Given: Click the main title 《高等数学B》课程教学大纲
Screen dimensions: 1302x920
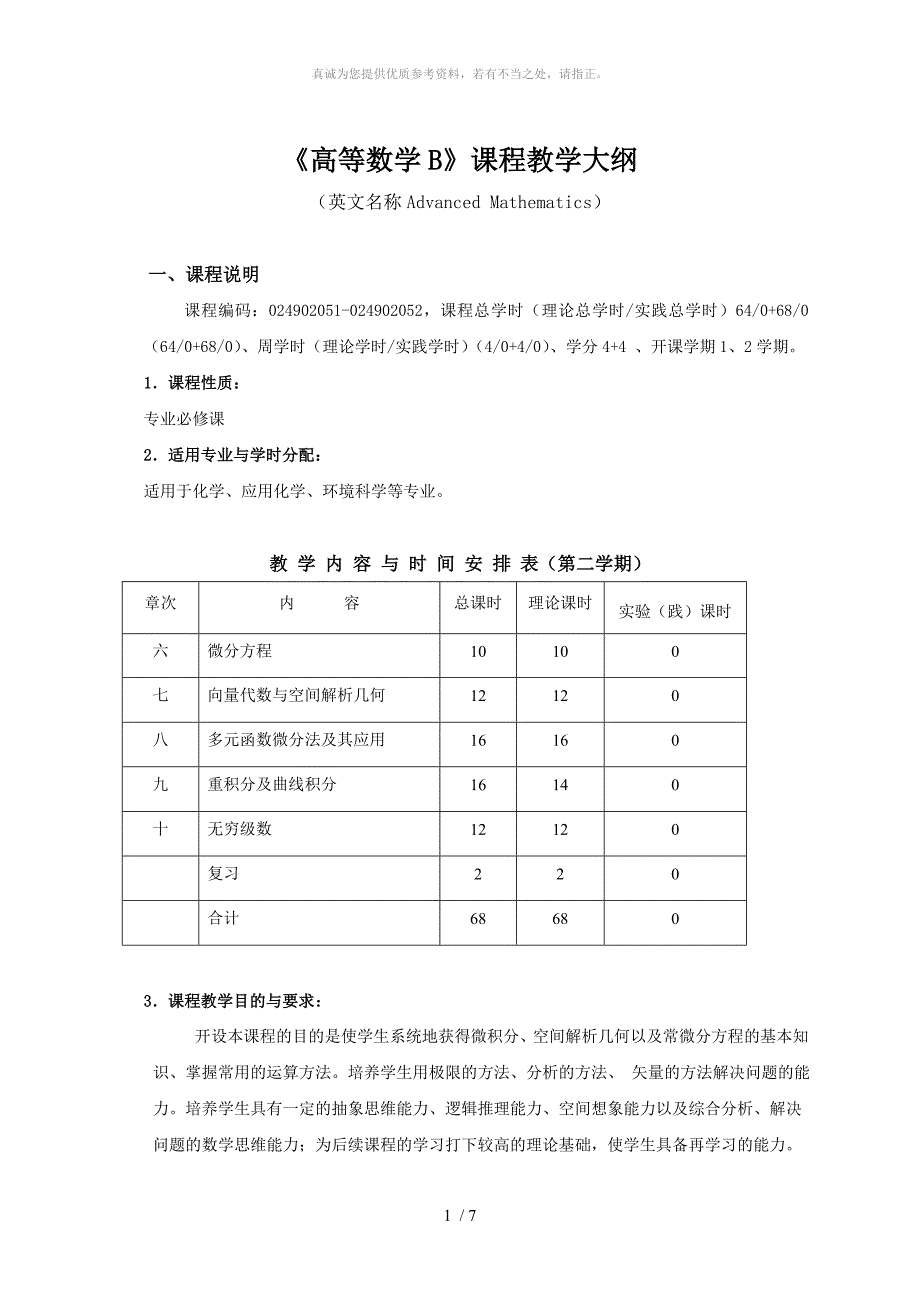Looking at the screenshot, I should [460, 160].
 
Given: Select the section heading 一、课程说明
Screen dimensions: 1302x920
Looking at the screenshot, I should [203, 275].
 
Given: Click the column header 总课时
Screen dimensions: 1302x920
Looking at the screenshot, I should [478, 604].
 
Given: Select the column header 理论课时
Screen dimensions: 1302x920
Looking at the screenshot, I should [559, 604].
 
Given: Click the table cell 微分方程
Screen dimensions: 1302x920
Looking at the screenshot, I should [240, 652].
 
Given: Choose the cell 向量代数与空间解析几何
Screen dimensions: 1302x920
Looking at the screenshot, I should [296, 696].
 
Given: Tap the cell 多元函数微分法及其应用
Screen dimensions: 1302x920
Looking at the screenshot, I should [296, 741].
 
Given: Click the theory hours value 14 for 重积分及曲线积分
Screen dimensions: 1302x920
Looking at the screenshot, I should [560, 786].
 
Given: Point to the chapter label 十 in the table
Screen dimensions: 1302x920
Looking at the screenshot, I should [160, 830].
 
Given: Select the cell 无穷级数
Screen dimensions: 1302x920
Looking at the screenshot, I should [240, 830].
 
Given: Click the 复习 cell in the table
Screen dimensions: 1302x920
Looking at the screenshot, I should [224, 874].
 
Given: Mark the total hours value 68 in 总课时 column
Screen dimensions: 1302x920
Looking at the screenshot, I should [478, 919].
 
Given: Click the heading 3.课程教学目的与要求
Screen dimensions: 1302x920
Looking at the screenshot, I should [233, 1001].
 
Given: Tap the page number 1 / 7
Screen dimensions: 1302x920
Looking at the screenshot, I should [460, 1217].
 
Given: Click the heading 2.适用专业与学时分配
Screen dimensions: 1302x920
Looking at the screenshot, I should [233, 455].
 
